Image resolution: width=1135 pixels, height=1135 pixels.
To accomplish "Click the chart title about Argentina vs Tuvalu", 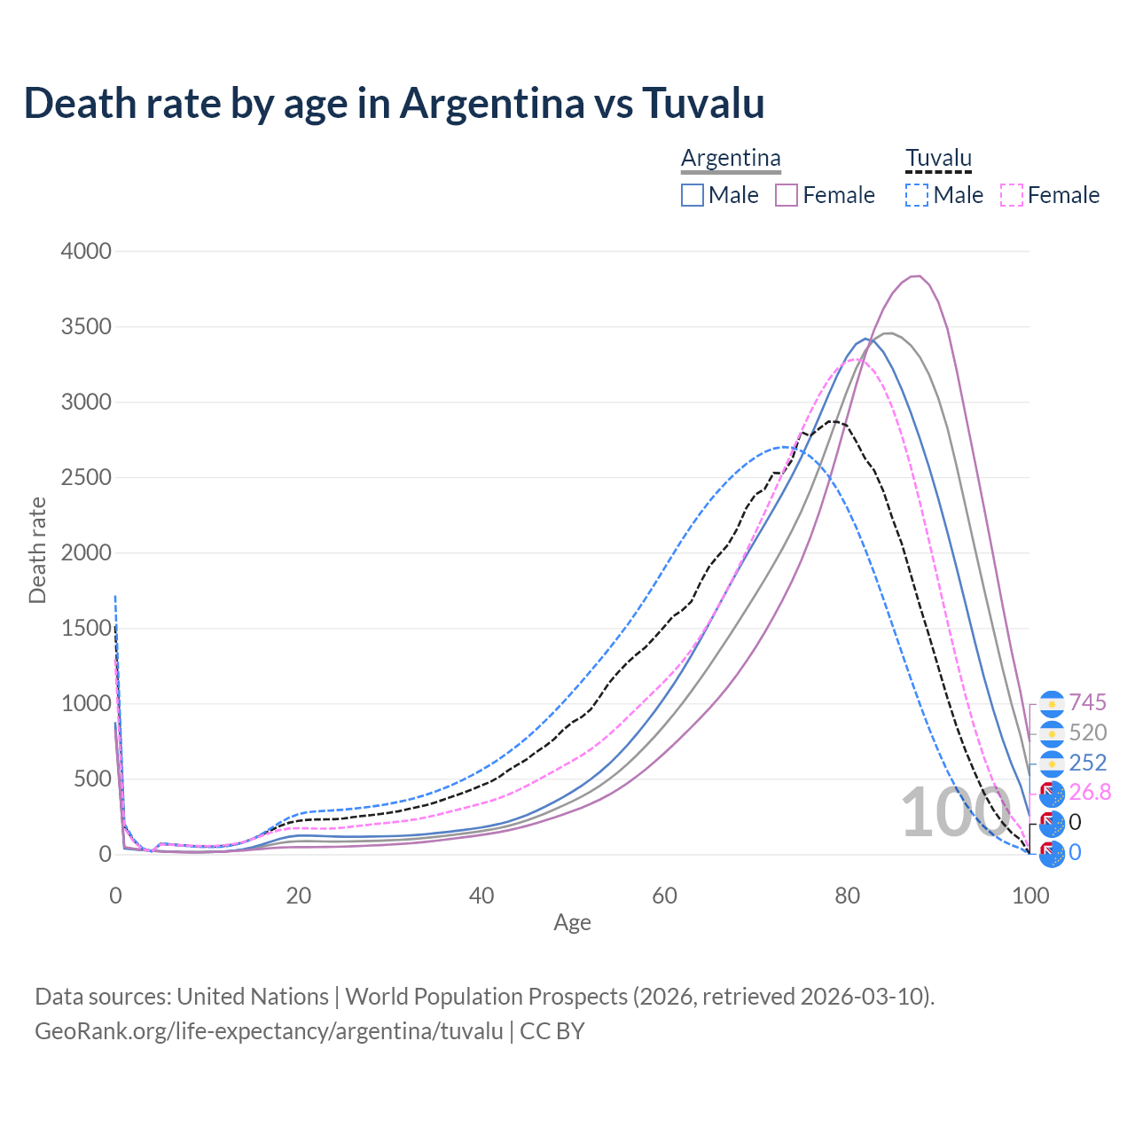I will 395,103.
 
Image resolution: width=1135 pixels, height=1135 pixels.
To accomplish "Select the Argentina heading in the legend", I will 731,158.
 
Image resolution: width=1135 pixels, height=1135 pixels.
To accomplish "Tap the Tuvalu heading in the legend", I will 938,158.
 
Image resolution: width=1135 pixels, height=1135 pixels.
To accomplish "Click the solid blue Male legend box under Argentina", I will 693,195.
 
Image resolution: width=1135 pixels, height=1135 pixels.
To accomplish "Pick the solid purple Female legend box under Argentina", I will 787,195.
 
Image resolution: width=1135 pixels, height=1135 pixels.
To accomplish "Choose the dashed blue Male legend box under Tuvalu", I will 917,195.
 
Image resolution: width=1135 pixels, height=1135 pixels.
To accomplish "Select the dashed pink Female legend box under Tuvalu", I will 1012,195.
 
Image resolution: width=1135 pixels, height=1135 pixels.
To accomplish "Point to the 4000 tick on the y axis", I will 86,252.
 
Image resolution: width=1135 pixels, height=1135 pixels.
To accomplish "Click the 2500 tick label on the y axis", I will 86,478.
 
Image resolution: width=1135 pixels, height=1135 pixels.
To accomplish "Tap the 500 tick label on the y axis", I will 93,779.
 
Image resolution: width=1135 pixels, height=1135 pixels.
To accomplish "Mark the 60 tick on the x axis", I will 664,896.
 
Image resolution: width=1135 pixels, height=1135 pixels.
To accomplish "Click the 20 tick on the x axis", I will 299,896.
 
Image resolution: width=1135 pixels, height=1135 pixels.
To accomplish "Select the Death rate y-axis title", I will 37,551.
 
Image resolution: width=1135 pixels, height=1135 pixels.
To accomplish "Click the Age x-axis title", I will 572,922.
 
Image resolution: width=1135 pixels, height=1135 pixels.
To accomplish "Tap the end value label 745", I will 1087,703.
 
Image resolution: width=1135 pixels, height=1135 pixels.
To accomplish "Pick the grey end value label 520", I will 1087,733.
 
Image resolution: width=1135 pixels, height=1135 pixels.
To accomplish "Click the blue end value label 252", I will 1087,763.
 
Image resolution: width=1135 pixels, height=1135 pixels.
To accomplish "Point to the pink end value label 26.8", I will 1090,793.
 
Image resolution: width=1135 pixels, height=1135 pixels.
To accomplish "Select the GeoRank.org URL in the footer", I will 269,1031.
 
